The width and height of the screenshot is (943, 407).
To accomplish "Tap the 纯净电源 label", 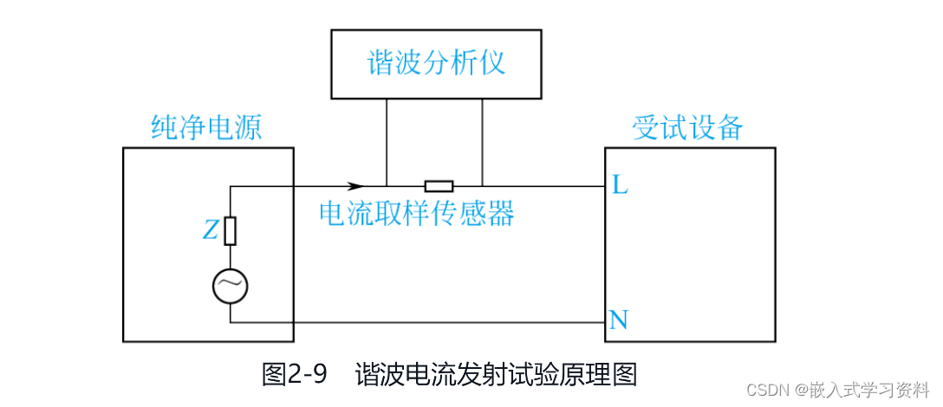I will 206,129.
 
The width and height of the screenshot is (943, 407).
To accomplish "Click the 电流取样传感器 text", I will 417,212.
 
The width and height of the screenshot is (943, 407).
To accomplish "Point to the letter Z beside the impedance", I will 211,229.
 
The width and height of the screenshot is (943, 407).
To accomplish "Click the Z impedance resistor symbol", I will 231,230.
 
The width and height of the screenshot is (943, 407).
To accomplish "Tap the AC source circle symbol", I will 231,285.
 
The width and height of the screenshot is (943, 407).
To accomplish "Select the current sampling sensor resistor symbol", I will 439,185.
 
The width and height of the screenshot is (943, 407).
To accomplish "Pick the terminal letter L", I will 620,184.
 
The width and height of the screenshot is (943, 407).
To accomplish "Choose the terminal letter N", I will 619,321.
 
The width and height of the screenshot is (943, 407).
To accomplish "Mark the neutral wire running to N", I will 416,323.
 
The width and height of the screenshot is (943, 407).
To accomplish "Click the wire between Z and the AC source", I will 231,256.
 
